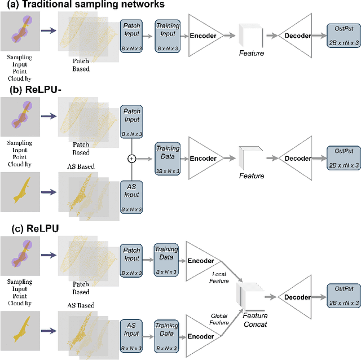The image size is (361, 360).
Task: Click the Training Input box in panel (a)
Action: (169, 35)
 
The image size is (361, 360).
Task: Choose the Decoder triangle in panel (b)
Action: (298, 159)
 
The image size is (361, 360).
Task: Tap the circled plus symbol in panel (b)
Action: (132, 159)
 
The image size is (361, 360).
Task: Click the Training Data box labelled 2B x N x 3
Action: (169, 159)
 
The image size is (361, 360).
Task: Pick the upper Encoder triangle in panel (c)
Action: (200, 261)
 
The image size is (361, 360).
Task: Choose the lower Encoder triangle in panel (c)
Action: (200, 336)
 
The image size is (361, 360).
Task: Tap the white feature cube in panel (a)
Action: (250, 35)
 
